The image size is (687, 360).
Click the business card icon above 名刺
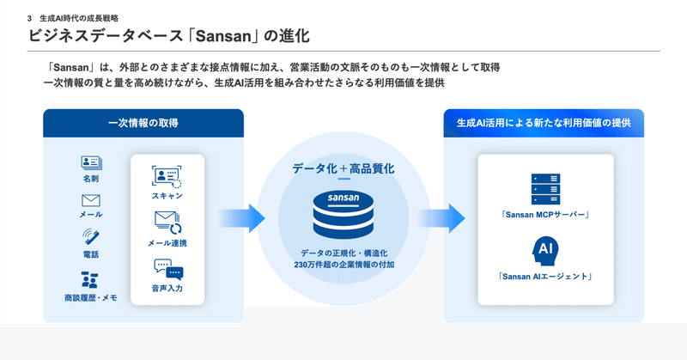click(91, 162)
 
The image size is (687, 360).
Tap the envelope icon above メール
click(91, 201)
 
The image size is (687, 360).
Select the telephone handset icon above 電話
click(91, 237)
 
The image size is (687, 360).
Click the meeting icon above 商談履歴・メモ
click(90, 280)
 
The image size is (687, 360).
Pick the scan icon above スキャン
click(167, 177)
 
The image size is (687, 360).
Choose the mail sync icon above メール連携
click(167, 223)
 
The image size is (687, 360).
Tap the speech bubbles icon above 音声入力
click(168, 269)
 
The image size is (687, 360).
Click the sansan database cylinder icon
click(343, 215)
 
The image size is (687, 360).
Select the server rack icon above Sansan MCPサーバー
click(545, 189)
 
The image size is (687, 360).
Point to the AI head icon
click(544, 251)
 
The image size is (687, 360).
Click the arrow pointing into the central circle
click(241, 218)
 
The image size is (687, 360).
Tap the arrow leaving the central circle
click(441, 218)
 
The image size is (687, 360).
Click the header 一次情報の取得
click(143, 123)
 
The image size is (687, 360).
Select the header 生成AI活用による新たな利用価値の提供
click(544, 123)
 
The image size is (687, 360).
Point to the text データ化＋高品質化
click(343, 168)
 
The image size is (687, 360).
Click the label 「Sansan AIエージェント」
click(545, 277)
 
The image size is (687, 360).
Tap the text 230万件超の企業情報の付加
click(344, 265)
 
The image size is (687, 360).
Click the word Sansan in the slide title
click(223, 36)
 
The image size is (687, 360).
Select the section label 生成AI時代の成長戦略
click(79, 18)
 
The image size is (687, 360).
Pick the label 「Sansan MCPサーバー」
click(545, 215)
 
